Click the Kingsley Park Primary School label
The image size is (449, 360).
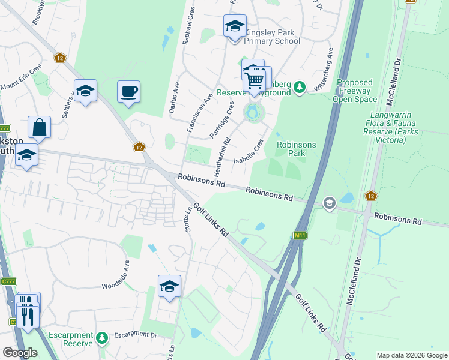[x=271, y=41]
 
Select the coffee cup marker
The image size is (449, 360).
[x=128, y=92]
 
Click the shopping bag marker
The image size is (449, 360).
[x=39, y=128]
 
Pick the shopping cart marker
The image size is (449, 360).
[x=256, y=79]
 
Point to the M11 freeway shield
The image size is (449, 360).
[x=300, y=236]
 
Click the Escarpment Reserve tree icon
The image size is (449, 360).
[x=102, y=339]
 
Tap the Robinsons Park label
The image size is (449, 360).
[x=291, y=149]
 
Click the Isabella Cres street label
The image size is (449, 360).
[x=249, y=153]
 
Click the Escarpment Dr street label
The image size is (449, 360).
[x=136, y=334]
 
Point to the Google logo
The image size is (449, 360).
[x=19, y=353]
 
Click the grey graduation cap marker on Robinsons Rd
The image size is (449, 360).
[x=329, y=203]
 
